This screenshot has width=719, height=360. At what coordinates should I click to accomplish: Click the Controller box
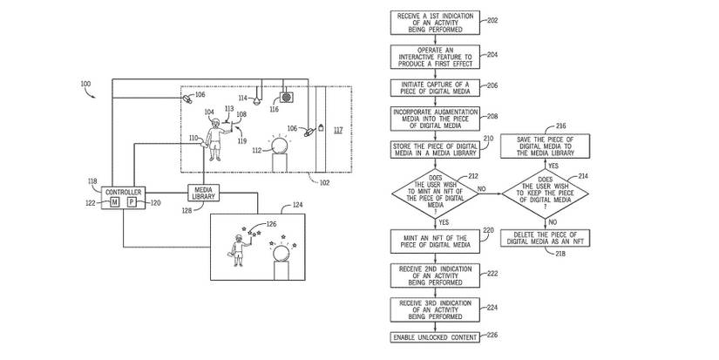[x=123, y=197]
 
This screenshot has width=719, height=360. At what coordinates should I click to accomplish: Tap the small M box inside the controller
[x=114, y=202]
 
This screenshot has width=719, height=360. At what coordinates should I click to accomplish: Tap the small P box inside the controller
[x=132, y=202]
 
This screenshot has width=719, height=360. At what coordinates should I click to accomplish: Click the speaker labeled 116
[x=285, y=97]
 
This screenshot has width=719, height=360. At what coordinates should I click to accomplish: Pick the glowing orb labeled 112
[x=279, y=143]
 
